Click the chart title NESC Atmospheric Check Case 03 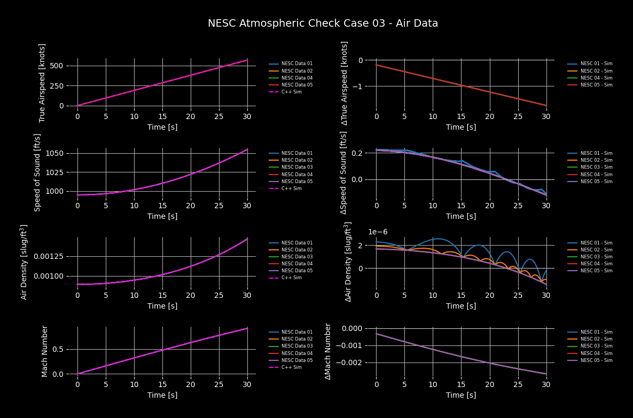[323, 23]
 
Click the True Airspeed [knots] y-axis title [43, 83]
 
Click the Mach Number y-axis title [45, 351]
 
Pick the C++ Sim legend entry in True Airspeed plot [291, 92]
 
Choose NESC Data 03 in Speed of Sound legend [296, 167]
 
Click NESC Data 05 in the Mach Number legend [296, 360]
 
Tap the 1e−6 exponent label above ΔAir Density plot [378, 232]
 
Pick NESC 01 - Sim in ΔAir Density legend [596, 243]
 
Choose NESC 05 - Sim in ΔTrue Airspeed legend [596, 85]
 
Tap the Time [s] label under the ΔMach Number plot [461, 395]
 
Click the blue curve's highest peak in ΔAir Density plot [437, 239]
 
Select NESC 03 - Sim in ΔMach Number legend [596, 346]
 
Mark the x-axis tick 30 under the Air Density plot [247, 295]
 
